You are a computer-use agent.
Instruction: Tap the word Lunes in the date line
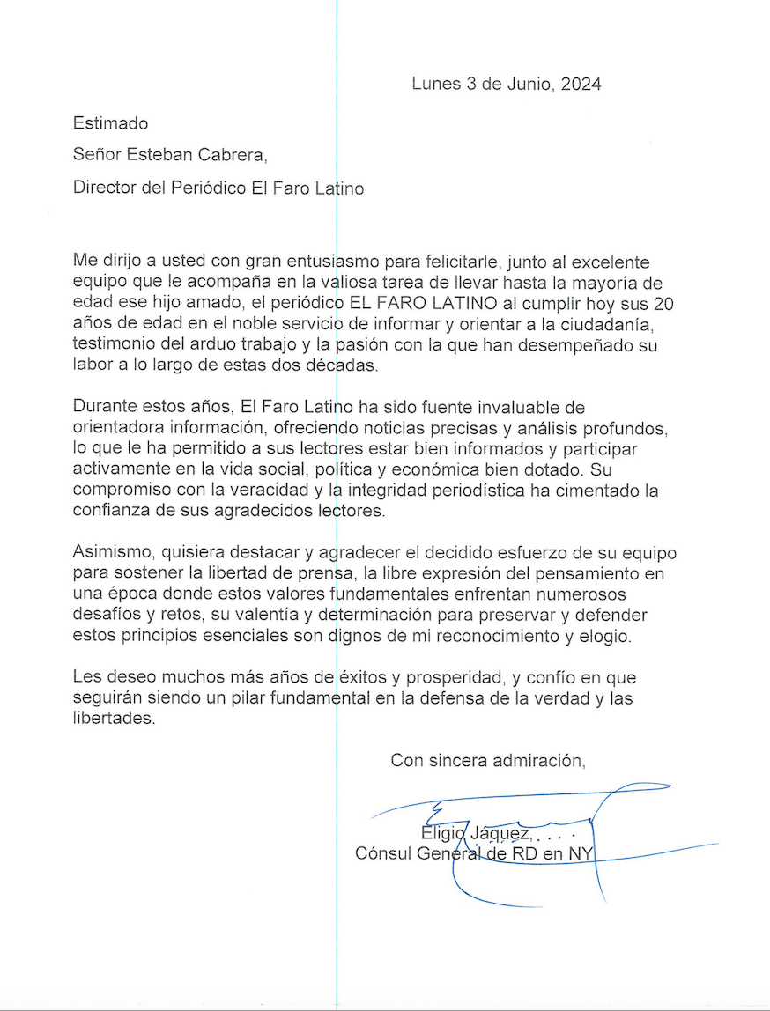coord(436,85)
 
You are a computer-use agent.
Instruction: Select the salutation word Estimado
coord(111,124)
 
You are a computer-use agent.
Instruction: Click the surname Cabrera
coord(231,156)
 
